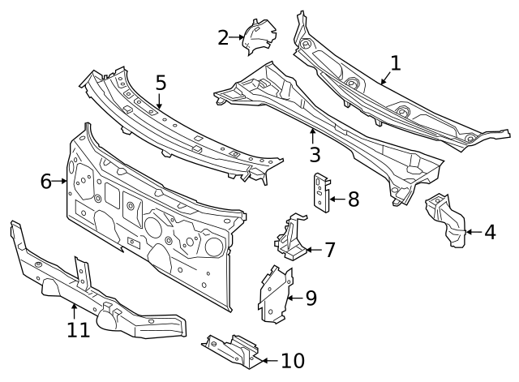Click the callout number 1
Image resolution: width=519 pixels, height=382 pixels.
[395, 62]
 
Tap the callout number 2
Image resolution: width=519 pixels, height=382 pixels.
[223, 36]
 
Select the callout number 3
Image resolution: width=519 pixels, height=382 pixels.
[315, 153]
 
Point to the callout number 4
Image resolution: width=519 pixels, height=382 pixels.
[490, 233]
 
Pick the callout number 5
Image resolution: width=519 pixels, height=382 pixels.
[161, 82]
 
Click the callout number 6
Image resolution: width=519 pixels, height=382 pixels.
[46, 181]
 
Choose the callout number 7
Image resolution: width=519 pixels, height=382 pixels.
[329, 250]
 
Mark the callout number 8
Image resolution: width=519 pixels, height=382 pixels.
[353, 199]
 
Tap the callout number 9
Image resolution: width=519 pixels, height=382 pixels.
[311, 298]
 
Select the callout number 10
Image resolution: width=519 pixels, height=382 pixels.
[293, 360]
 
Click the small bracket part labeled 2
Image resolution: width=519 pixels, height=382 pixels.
[259, 36]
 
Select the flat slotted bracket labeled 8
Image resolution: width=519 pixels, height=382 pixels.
[322, 193]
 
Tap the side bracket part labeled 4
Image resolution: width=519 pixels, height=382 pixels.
[446, 220]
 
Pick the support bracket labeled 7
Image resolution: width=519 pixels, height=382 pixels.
[293, 238]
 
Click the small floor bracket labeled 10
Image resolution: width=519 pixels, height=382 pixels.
[231, 350]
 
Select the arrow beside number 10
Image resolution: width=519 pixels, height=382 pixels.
[268, 360]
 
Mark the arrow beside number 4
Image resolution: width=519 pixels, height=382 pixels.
[472, 233]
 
